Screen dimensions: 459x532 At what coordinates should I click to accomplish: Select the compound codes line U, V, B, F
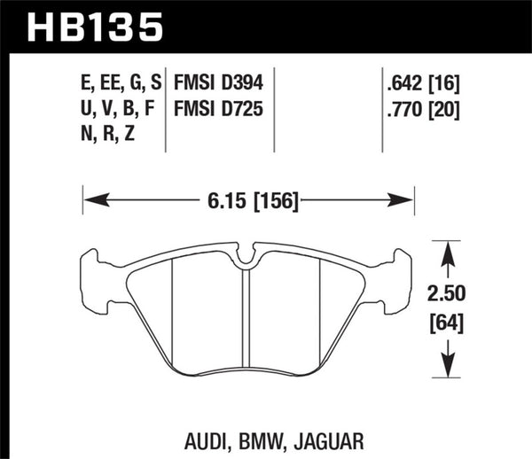click(x=116, y=112)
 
